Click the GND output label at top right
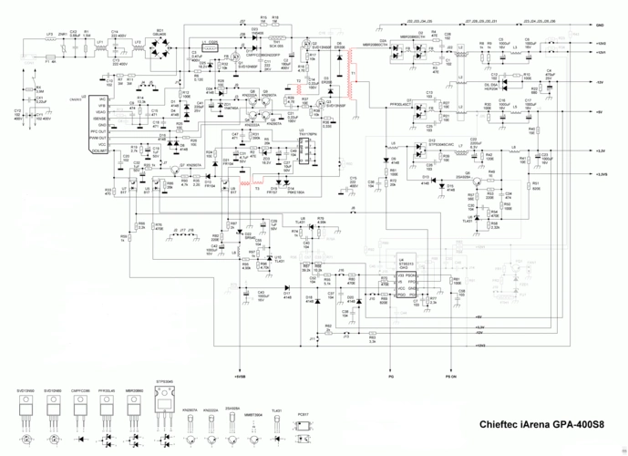tap(601, 25)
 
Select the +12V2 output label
tap(602, 43)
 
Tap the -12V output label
tap(600, 82)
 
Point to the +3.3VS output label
tap(601, 173)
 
